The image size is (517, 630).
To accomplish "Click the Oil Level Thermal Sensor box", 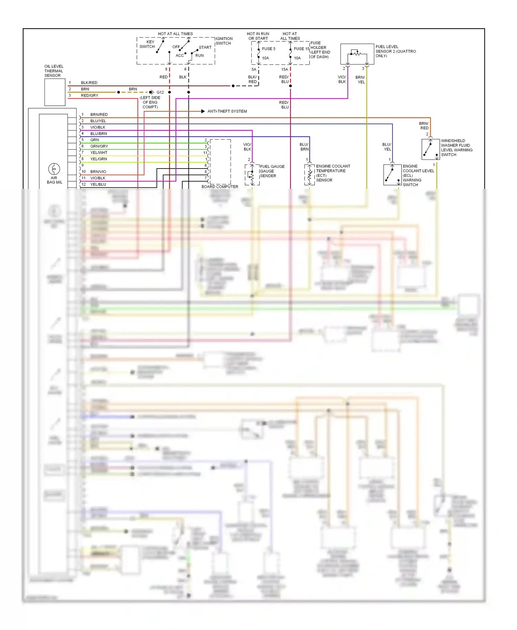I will (x=55, y=92).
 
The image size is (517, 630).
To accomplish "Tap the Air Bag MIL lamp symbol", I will (x=54, y=169).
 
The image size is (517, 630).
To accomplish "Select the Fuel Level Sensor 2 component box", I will (x=357, y=54).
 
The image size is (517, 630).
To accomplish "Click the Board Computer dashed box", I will (x=220, y=162).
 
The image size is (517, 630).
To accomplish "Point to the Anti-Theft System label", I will (x=227, y=111).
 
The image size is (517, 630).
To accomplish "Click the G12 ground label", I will (x=160, y=92).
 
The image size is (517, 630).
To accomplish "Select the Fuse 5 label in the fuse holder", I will (x=268, y=49).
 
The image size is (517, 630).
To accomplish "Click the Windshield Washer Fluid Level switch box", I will (x=430, y=149).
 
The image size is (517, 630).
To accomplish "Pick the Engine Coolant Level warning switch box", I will (x=392, y=175).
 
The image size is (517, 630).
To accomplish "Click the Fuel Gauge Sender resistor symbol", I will (x=252, y=175).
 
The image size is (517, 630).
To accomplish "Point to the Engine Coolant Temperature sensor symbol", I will (x=309, y=175).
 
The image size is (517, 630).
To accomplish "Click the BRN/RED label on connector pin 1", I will (x=99, y=114).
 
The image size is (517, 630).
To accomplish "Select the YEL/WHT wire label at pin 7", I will (x=99, y=153).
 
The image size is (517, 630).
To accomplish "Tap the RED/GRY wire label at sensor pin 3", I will (x=90, y=95).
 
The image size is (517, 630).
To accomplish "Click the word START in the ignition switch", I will (x=205, y=48).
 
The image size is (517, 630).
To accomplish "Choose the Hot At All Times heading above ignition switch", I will (x=175, y=34).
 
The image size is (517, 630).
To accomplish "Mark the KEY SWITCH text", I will (x=147, y=44).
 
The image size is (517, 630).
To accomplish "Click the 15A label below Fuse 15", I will (x=284, y=69).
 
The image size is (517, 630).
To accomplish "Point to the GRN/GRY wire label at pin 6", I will (x=99, y=146).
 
